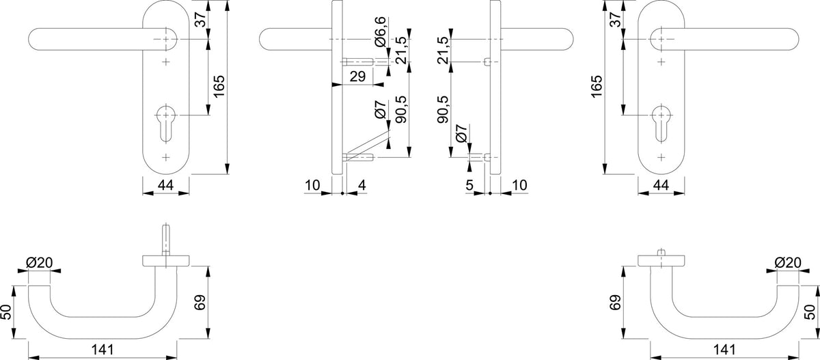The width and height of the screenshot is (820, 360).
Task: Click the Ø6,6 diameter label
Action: [x=381, y=31]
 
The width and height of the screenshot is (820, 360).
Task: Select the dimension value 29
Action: [x=357, y=77]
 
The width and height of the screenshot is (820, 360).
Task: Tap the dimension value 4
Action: [x=361, y=185]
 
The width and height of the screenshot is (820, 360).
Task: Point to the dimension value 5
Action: [x=469, y=185]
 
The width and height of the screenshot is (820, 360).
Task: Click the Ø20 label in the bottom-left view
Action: [x=40, y=262]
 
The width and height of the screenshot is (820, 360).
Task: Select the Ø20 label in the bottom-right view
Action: [x=788, y=262]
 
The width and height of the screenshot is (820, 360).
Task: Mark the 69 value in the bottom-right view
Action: [x=616, y=303]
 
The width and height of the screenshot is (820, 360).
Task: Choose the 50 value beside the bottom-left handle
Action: [x=7, y=311]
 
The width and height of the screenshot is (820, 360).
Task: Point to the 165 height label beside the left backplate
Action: [x=219, y=86]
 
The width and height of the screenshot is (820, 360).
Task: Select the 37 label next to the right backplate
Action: [x=616, y=19]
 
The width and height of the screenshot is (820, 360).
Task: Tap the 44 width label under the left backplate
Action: [x=165, y=185]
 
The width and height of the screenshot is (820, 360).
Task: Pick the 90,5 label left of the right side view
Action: [x=443, y=109]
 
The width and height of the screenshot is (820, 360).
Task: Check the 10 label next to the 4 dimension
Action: [x=312, y=185]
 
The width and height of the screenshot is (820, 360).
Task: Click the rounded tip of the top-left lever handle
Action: [x=32, y=39]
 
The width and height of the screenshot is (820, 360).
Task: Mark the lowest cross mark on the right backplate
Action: [x=661, y=157]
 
